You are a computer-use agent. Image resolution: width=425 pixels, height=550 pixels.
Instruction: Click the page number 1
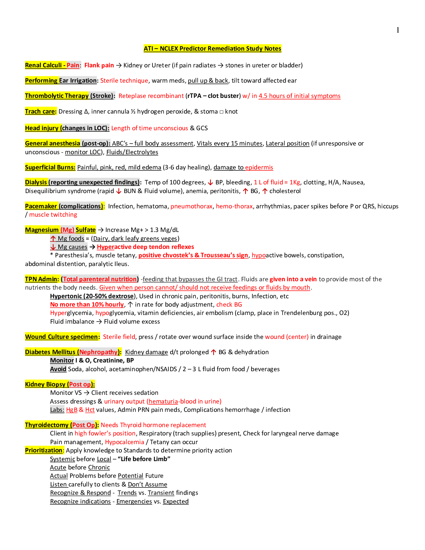coord(398,30)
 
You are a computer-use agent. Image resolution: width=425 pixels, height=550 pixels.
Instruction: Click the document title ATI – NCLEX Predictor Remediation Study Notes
coord(212,49)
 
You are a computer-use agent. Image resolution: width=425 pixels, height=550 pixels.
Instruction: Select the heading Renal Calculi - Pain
coord(52,65)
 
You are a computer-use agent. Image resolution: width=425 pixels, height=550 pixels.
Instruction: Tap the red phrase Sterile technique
coord(124,81)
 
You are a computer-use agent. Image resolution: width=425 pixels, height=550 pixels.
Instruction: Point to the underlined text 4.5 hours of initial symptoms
coord(299,96)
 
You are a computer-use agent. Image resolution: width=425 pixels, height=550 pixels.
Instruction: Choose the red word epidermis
coord(259,167)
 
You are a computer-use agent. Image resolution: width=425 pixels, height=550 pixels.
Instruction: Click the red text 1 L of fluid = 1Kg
coord(277,182)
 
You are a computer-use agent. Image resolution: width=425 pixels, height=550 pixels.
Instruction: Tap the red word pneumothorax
coord(191,206)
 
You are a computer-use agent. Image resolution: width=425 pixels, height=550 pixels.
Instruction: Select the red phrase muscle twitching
coord(53,215)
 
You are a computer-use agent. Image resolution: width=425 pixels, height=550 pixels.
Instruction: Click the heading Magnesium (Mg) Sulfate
coord(60,230)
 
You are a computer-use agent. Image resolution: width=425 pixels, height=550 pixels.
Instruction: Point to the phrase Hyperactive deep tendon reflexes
coord(145,247)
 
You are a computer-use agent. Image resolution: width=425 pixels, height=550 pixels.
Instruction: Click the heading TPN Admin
coord(42,279)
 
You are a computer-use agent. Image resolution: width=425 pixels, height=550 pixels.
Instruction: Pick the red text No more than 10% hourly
coord(87,305)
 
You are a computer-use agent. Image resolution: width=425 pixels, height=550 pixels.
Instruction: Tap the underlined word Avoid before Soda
coord(58,369)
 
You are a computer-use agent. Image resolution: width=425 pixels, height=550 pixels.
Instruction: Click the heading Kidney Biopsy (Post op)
coord(59,384)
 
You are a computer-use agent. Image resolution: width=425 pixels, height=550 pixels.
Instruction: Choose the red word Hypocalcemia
coord(124,442)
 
